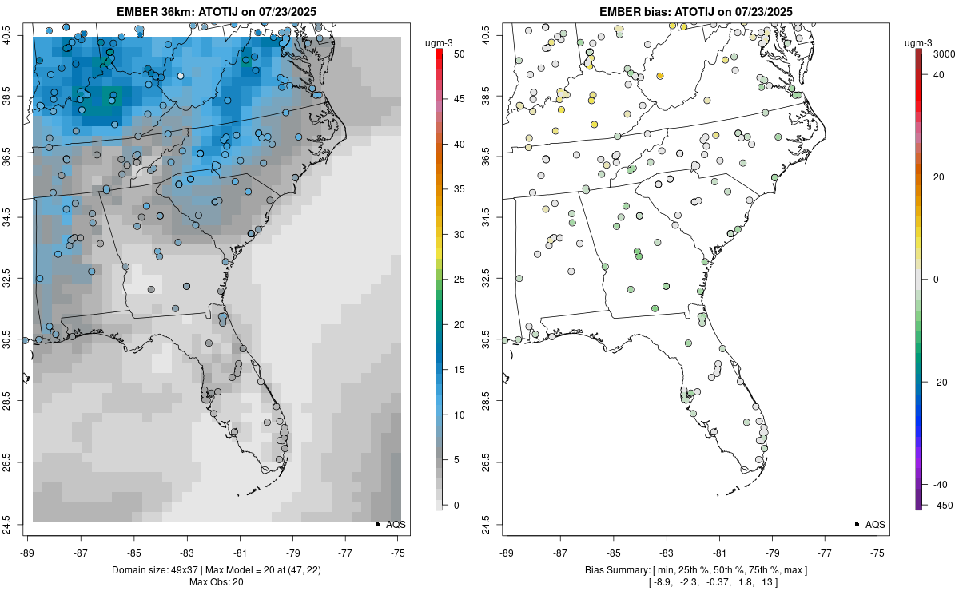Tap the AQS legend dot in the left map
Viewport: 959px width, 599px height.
point(376,525)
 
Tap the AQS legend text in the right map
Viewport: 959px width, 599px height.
point(876,525)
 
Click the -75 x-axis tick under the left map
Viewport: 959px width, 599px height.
point(399,552)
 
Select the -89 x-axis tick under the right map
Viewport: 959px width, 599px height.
point(507,552)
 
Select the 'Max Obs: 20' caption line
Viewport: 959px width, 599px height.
point(216,581)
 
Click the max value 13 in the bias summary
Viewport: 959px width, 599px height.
point(766,582)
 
